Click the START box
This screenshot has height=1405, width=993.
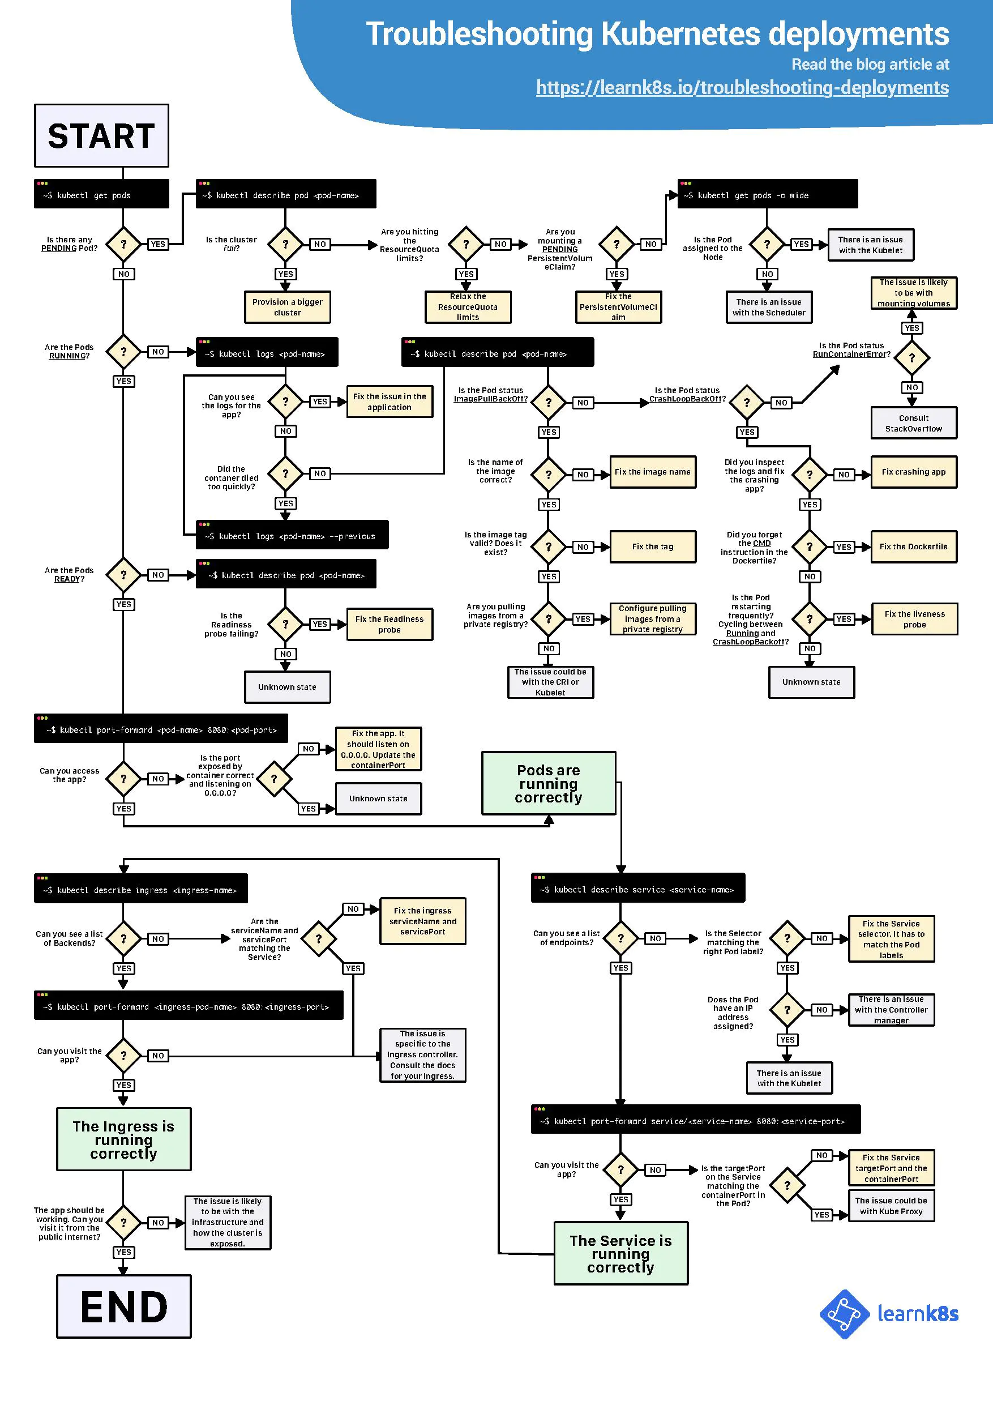coord(101,135)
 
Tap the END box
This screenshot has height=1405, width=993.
coord(123,1306)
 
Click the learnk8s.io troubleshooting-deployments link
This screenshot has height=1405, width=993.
coord(742,88)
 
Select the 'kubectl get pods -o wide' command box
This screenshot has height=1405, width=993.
coord(767,195)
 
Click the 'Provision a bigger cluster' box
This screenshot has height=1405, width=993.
coord(287,306)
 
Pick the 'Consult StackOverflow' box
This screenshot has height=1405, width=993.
coord(914,423)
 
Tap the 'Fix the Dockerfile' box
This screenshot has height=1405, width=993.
coord(914,546)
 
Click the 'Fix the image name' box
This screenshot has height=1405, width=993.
coord(652,472)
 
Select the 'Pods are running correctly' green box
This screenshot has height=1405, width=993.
coord(548,783)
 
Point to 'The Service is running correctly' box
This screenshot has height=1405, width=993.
coord(620,1253)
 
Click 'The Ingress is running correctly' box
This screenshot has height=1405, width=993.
coord(123,1139)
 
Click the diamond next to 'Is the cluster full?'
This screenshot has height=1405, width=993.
coord(285,244)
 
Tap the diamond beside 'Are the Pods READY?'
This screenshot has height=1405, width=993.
coord(123,575)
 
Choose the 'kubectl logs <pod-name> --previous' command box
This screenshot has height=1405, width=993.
coord(292,536)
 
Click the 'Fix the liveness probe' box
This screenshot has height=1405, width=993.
coord(914,618)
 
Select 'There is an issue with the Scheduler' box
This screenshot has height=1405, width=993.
coord(768,306)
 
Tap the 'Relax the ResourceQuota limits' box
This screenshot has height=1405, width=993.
coord(468,306)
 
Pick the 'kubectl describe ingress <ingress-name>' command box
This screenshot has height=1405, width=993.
coord(141,889)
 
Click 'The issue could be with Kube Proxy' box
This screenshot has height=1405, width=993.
coord(891,1206)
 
